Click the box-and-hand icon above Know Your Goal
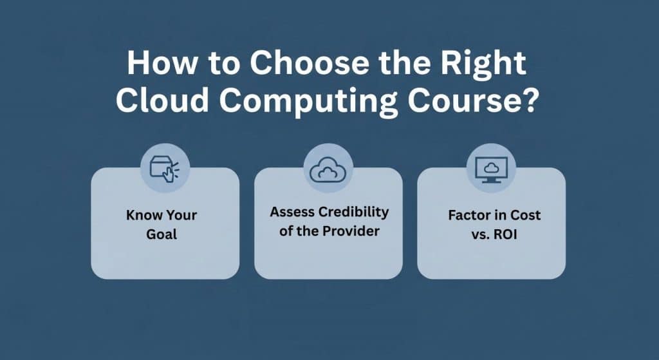coord(165,169)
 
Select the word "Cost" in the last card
coord(526,215)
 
